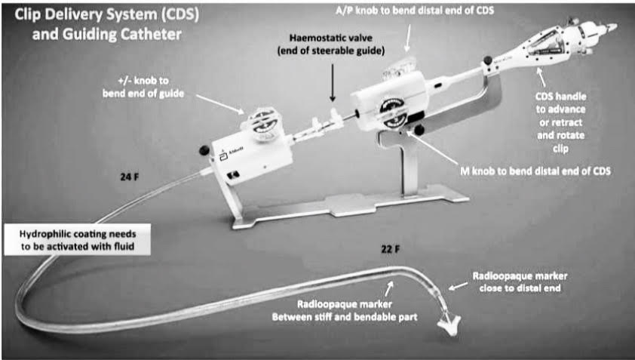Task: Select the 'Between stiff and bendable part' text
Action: tap(344, 315)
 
